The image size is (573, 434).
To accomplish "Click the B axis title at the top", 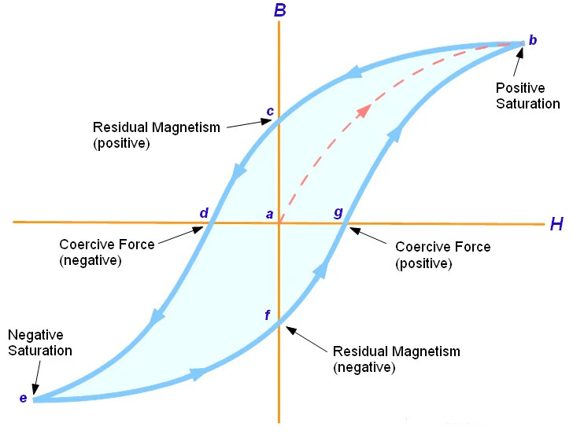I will (279, 10).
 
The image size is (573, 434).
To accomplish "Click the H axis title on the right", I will (556, 225).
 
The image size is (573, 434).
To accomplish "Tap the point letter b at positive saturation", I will (533, 39).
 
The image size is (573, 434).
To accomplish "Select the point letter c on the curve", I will (270, 111).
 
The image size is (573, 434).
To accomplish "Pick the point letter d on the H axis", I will (204, 213).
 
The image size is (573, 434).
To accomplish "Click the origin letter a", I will (269, 214).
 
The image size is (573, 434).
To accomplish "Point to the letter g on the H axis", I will (338, 213).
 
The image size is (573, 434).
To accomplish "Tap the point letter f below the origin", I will (268, 316).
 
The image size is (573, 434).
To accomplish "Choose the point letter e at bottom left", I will (23, 399).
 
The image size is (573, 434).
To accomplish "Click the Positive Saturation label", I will (527, 96).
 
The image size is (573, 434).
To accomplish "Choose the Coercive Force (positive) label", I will (442, 255).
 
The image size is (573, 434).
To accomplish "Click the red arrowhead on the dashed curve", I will (363, 110).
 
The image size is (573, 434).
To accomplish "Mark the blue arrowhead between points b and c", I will (353, 73).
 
